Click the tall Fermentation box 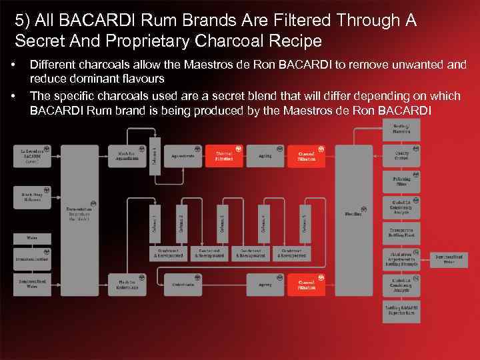coord(79,213)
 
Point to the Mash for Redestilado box coord(127,285)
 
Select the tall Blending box coord(353,213)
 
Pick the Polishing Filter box coord(401,181)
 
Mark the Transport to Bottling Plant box coord(401,233)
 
